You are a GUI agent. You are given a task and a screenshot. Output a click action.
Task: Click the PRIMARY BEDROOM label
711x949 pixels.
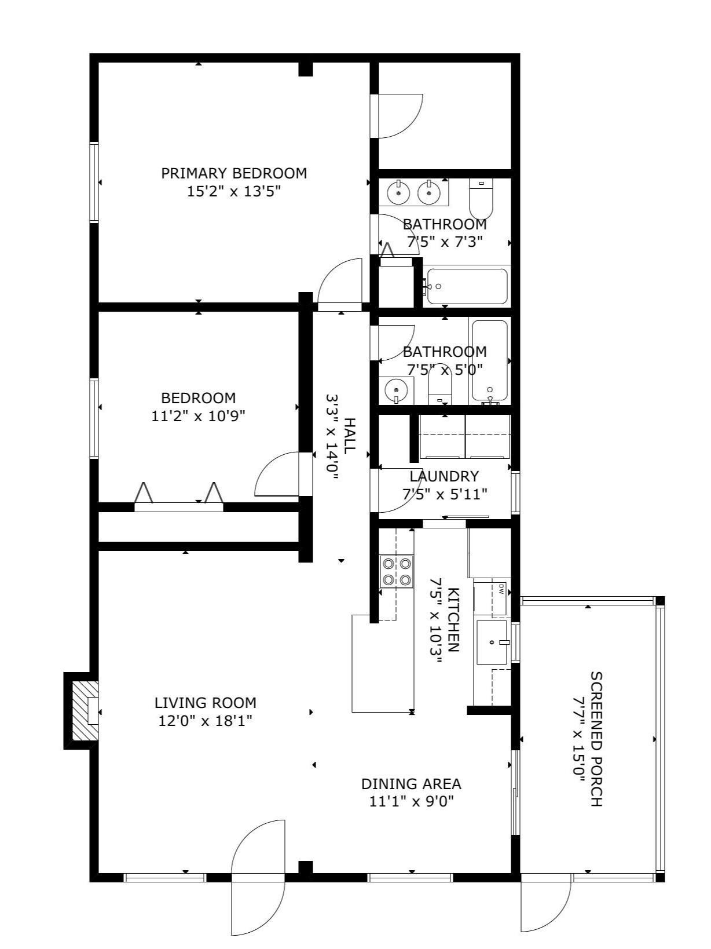tap(234, 173)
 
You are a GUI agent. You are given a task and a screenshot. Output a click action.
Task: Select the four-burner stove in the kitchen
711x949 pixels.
tap(396, 572)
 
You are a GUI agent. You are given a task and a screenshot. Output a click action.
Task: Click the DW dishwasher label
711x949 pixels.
tap(501, 589)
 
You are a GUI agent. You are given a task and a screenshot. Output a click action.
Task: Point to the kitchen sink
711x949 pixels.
tap(492, 642)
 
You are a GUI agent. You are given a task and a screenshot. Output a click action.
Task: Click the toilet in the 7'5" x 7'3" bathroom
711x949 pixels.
tap(481, 199)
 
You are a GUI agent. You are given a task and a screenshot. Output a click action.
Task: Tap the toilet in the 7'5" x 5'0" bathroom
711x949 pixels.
tap(439, 384)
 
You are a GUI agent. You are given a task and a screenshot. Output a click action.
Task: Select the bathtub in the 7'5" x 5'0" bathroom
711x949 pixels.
tap(489, 360)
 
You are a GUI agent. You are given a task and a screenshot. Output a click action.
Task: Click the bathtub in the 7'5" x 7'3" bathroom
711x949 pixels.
tap(467, 286)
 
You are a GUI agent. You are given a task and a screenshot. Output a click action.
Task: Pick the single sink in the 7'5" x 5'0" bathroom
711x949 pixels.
tap(396, 390)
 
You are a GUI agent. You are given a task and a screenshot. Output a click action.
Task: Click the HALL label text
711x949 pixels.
tap(349, 435)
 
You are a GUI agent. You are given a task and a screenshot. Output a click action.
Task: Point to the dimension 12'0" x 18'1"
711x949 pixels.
tap(205, 721)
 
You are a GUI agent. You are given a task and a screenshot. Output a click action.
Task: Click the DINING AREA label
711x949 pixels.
tap(411, 784)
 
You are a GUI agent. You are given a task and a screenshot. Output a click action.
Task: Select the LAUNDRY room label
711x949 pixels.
tap(444, 476)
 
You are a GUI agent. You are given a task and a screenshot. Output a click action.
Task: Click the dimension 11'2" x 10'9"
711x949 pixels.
tap(198, 416)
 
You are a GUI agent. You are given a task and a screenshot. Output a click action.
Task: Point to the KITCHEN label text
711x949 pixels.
tap(453, 619)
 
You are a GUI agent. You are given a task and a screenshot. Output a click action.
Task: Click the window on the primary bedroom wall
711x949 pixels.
tap(94, 182)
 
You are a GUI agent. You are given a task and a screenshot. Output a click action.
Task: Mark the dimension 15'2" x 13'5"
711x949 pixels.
tap(234, 191)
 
